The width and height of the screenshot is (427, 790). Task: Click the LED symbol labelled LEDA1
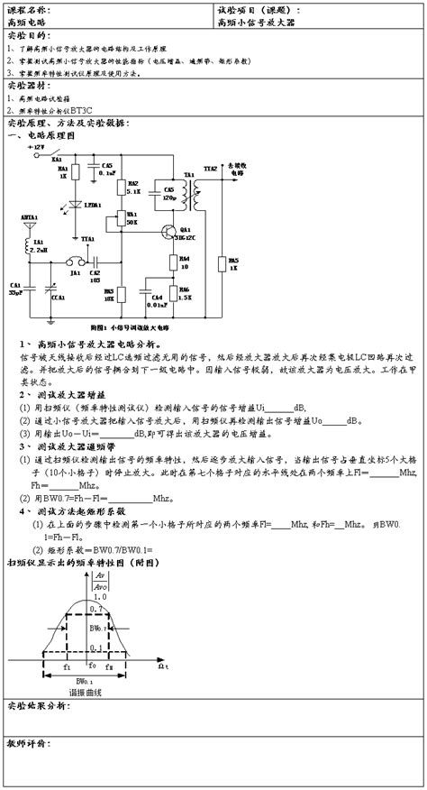click(x=77, y=205)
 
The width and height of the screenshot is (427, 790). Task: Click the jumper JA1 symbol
click(x=76, y=262)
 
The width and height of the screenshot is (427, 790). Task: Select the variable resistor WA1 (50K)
click(x=122, y=218)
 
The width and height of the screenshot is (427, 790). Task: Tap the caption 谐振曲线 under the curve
click(x=86, y=692)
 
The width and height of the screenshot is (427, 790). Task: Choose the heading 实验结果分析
click(x=36, y=704)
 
